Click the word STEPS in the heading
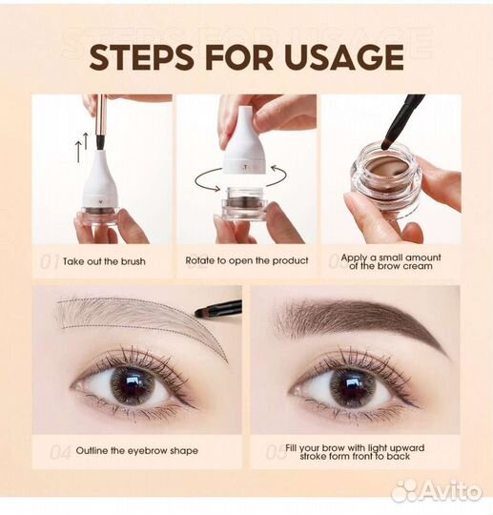pyautogui.click(x=141, y=57)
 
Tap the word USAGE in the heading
pyautogui.click(x=345, y=57)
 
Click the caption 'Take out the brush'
pyautogui.click(x=104, y=261)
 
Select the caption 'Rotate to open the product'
pyautogui.click(x=247, y=260)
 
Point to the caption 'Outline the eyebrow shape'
pyautogui.click(x=137, y=450)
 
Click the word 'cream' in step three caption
pyautogui.click(x=418, y=266)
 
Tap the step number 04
pyautogui.click(x=60, y=453)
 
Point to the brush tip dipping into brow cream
pyautogui.click(x=386, y=143)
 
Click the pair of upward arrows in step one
pyautogui.click(x=82, y=147)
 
